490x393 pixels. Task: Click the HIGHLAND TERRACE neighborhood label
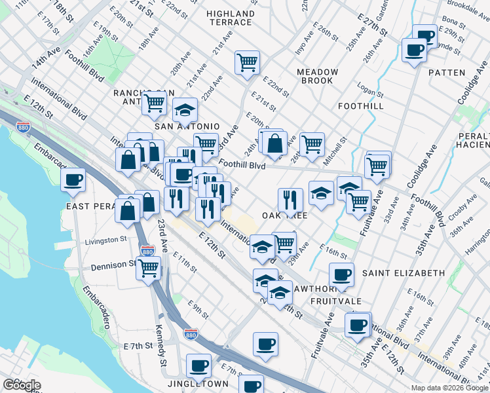coord(230,18)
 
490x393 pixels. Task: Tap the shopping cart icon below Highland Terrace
coord(248,64)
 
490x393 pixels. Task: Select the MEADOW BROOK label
coord(317,77)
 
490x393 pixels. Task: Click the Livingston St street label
coord(106,241)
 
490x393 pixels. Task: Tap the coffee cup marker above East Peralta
coord(73,179)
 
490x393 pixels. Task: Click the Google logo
coord(22,385)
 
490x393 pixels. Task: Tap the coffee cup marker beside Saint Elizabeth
coord(341,274)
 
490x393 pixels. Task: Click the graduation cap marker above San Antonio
coord(185,109)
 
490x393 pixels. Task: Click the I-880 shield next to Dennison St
coord(148,251)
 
